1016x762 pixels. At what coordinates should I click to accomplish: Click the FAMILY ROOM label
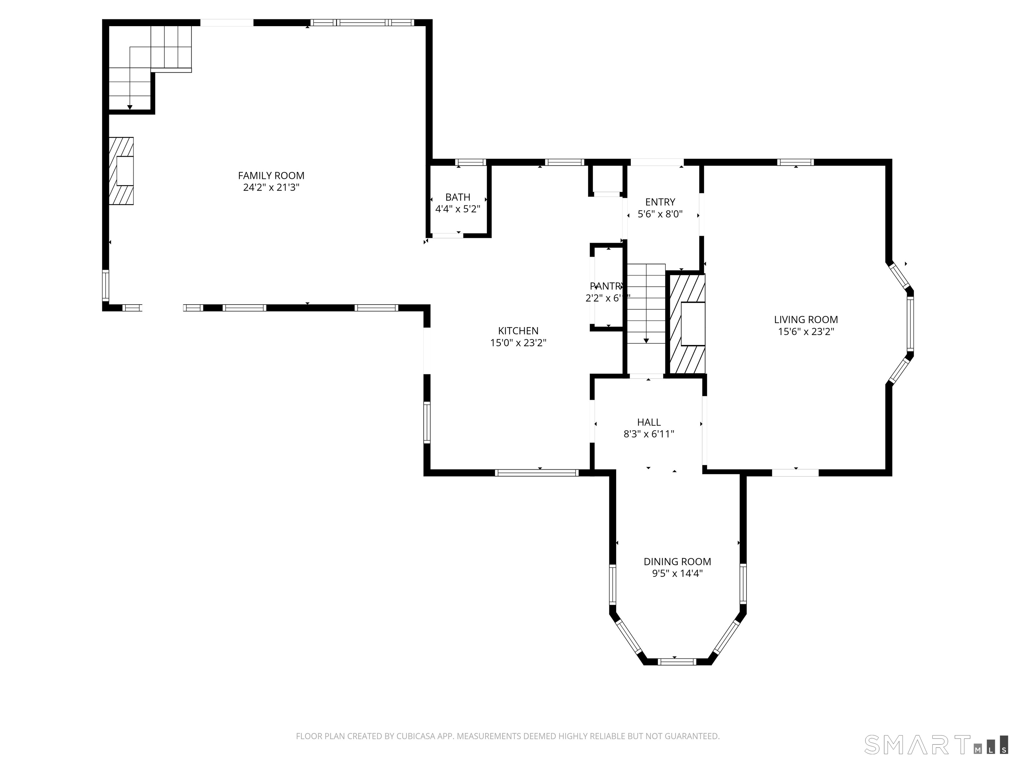click(271, 176)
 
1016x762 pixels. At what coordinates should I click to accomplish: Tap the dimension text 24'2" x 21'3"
click(271, 188)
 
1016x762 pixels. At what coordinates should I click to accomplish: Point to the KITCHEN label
click(518, 331)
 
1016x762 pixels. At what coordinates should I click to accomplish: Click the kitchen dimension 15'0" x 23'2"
click(518, 343)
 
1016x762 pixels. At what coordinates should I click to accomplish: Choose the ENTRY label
click(660, 202)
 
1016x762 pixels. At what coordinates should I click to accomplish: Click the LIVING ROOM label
click(806, 320)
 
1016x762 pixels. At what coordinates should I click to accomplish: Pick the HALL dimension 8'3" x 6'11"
click(649, 434)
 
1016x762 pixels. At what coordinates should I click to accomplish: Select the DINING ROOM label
click(677, 561)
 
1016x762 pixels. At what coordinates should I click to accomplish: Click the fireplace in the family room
click(122, 171)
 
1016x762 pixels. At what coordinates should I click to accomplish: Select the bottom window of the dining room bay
click(677, 661)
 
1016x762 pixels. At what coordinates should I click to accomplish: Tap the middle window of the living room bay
click(910, 324)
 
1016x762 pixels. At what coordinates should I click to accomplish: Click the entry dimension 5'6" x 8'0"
click(660, 214)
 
